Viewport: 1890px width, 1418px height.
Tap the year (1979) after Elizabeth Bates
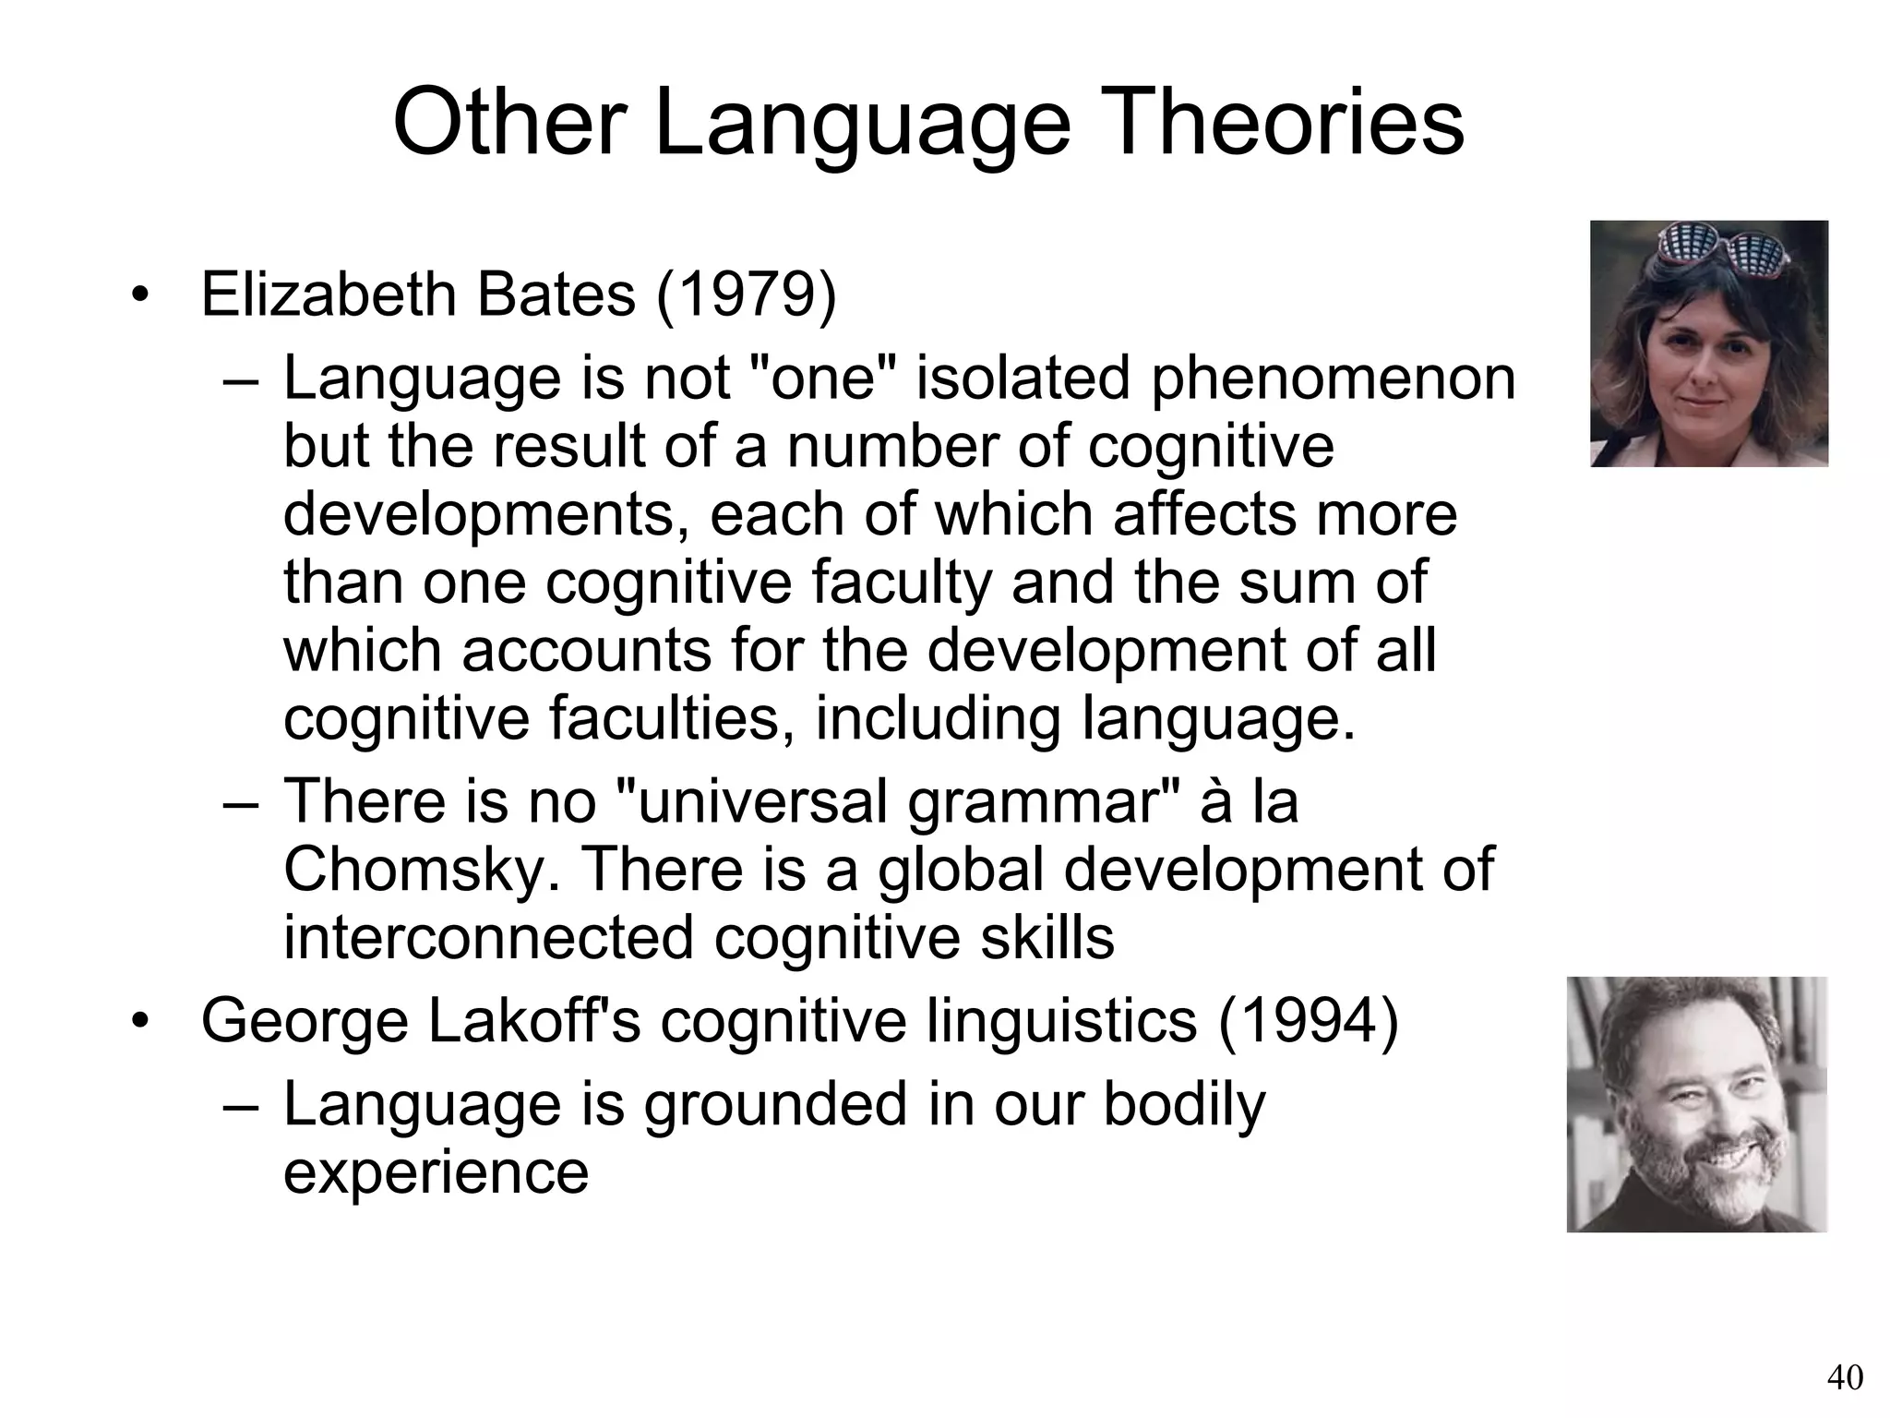(x=746, y=295)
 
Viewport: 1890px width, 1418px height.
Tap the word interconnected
(x=488, y=938)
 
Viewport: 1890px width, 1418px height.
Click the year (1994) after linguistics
(x=1308, y=1022)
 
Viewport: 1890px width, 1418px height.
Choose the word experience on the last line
(x=436, y=1172)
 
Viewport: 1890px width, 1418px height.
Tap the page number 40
(x=1844, y=1377)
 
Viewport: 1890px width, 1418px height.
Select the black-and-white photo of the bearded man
(x=1696, y=1104)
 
